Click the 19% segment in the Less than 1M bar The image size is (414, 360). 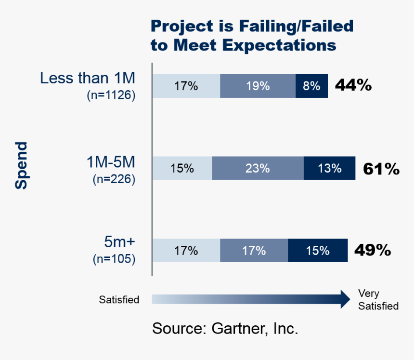[x=258, y=86]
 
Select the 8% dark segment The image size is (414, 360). [x=311, y=86]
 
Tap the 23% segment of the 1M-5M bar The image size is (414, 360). [x=258, y=168]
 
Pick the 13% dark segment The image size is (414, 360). [x=329, y=168]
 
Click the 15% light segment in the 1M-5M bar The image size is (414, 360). [x=182, y=168]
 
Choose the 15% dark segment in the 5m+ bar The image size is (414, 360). [x=318, y=251]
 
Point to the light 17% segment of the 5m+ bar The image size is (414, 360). [x=186, y=251]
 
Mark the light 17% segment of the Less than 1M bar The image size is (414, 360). [x=186, y=86]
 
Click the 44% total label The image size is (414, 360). [x=353, y=86]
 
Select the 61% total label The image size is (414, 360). [x=381, y=169]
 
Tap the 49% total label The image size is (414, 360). [x=372, y=251]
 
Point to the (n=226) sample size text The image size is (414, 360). [x=114, y=180]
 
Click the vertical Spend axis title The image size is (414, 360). [x=21, y=165]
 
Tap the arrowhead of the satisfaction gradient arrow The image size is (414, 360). [x=344, y=299]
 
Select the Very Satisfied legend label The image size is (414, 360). [x=378, y=300]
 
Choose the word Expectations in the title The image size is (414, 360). [x=278, y=45]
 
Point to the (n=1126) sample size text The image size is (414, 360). [x=111, y=95]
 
